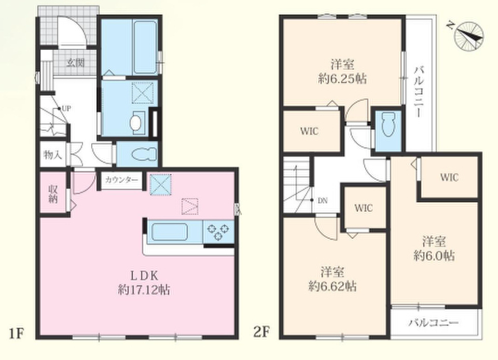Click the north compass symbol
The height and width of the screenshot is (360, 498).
pyautogui.click(x=469, y=35)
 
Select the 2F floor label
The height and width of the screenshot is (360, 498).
pyautogui.click(x=261, y=333)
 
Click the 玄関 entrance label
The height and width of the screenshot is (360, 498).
pyautogui.click(x=75, y=63)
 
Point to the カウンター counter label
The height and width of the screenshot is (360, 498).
pyautogui.click(x=121, y=180)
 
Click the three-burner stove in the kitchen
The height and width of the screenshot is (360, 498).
pyautogui.click(x=218, y=232)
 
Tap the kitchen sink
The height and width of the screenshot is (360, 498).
pyautogui.click(x=169, y=232)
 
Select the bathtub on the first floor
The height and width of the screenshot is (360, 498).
pyautogui.click(x=145, y=47)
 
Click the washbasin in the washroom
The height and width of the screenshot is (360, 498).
pyautogui.click(x=137, y=121)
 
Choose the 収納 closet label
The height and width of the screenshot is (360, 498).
pyautogui.click(x=53, y=194)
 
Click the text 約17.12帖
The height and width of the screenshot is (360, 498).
pyautogui.click(x=144, y=290)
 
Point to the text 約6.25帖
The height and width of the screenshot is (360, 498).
pyautogui.click(x=342, y=78)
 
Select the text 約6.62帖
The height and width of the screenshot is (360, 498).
pyautogui.click(x=332, y=286)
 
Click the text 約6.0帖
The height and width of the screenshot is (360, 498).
pyautogui.click(x=434, y=256)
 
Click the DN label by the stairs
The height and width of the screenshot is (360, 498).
pyautogui.click(x=322, y=201)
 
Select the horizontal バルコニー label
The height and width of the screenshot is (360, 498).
pyautogui.click(x=434, y=323)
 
